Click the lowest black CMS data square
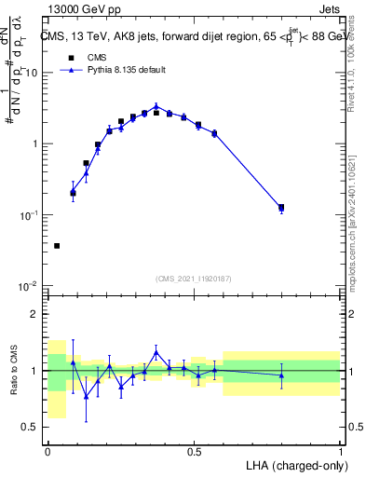tap(57, 246)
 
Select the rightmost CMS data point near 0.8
tap(281, 208)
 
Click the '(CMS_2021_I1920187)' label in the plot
tap(194, 278)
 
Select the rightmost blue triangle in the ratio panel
tap(281, 375)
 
